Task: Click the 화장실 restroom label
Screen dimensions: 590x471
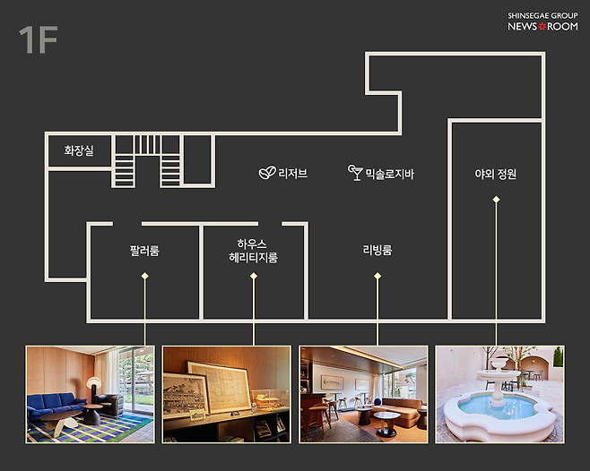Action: coord(79,150)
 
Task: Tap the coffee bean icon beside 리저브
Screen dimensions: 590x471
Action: coord(267,173)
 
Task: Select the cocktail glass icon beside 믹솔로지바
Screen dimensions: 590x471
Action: coord(355,173)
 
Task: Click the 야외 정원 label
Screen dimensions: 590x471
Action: coord(496,174)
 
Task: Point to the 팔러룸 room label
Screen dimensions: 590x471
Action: coord(144,251)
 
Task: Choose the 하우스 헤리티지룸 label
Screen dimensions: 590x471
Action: coord(253,251)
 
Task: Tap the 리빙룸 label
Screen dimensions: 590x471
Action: coord(377,250)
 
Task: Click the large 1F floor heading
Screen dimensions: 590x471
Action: coord(38,39)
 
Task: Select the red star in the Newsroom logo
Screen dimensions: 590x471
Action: coord(542,26)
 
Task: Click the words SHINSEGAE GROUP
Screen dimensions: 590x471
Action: coord(542,15)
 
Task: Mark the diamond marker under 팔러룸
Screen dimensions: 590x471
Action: coord(145,277)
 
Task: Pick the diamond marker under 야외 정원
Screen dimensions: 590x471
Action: coord(497,199)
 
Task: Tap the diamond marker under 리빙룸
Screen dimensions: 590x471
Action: coord(377,276)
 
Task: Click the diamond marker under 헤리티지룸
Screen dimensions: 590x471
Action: coord(254,276)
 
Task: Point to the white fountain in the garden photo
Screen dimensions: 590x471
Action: coord(499,406)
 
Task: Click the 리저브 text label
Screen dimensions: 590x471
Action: coord(292,174)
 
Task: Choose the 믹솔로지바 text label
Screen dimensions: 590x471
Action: coord(390,174)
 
